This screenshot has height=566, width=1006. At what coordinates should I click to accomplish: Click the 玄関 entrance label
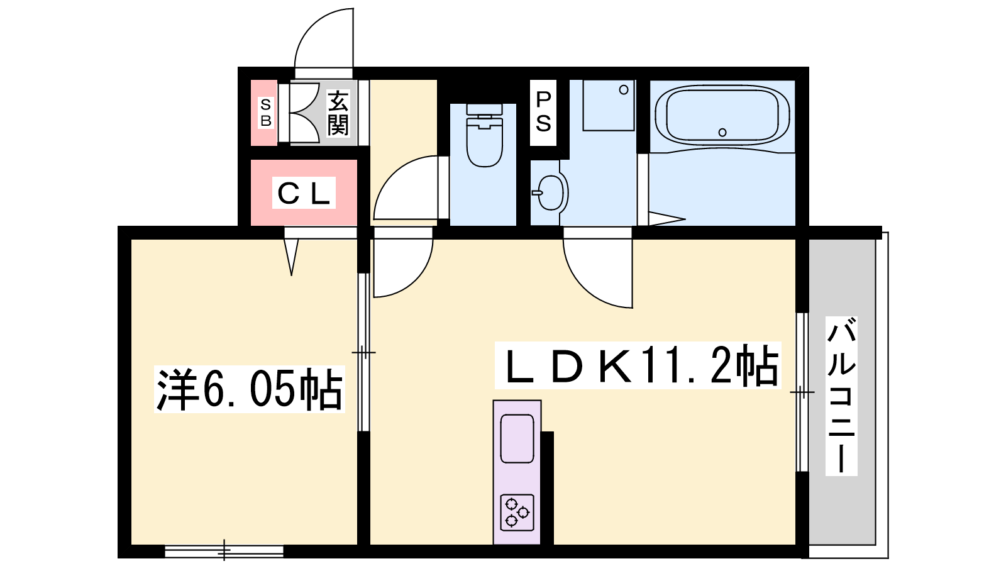(x=338, y=113)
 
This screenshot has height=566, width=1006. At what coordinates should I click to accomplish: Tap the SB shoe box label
(x=266, y=113)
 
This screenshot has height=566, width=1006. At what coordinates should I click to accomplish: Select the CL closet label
(x=304, y=193)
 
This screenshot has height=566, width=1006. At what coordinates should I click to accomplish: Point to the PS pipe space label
(x=543, y=113)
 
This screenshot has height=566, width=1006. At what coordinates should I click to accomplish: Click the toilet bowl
(x=484, y=135)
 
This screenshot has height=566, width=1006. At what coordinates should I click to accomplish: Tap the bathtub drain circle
(x=722, y=132)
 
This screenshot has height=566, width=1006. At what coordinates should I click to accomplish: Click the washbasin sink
(x=551, y=192)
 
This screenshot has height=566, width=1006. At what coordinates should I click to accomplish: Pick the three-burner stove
(x=517, y=513)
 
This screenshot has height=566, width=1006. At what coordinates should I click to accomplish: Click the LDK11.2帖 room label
(x=638, y=365)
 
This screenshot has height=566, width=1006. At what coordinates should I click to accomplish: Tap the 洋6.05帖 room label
(x=250, y=389)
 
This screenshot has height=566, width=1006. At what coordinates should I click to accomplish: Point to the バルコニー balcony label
(x=841, y=396)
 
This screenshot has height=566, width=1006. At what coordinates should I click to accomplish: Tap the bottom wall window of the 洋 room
(x=224, y=551)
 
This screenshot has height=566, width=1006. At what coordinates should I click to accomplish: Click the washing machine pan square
(x=609, y=105)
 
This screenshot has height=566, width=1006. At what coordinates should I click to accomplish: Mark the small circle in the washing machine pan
(x=623, y=90)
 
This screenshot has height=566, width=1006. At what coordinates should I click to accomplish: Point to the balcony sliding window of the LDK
(x=802, y=392)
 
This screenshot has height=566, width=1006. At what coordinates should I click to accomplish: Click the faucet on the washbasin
(x=537, y=192)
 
